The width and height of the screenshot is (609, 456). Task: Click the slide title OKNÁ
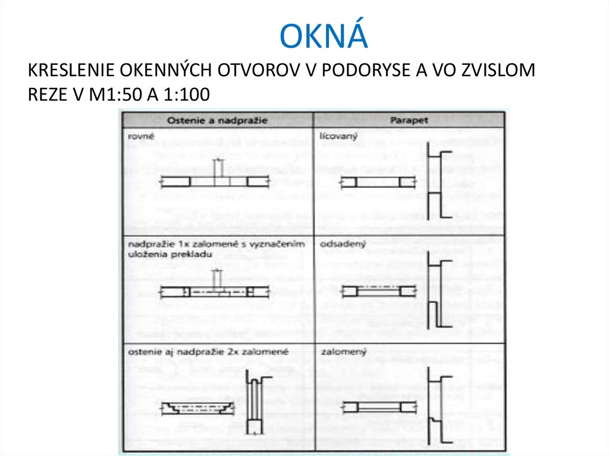(x=324, y=36)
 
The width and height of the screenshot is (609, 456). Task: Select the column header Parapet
(x=409, y=121)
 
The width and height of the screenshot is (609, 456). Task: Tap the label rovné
(x=139, y=137)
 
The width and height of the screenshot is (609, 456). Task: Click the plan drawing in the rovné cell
(x=215, y=180)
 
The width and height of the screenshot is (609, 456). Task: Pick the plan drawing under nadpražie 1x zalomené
(x=215, y=291)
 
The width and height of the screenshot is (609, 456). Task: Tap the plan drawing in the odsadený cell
(x=377, y=291)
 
